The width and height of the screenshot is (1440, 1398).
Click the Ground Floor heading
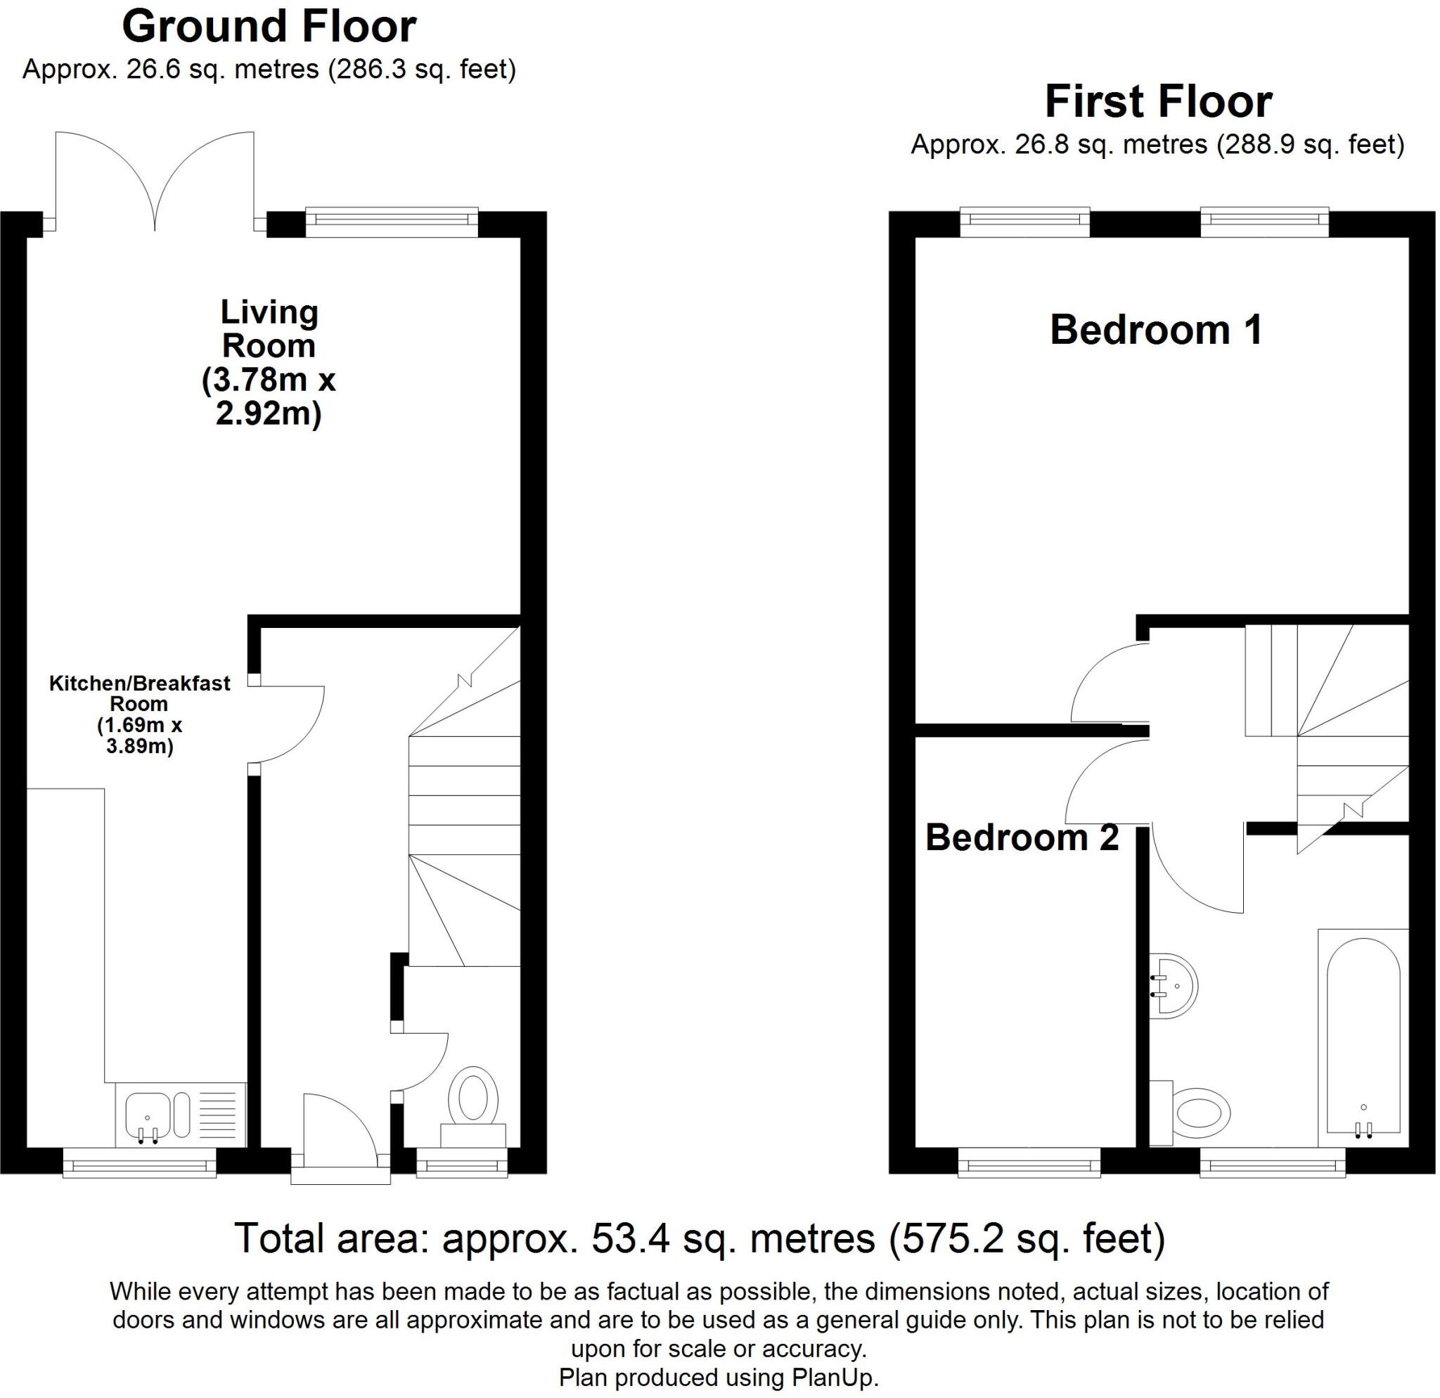click(269, 27)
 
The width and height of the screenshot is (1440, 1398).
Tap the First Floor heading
click(1158, 101)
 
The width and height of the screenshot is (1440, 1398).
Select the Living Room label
click(269, 362)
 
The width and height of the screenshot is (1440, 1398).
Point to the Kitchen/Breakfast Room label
click(140, 714)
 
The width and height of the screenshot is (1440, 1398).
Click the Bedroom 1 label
click(1156, 329)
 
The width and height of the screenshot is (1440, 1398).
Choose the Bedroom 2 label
click(1021, 838)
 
